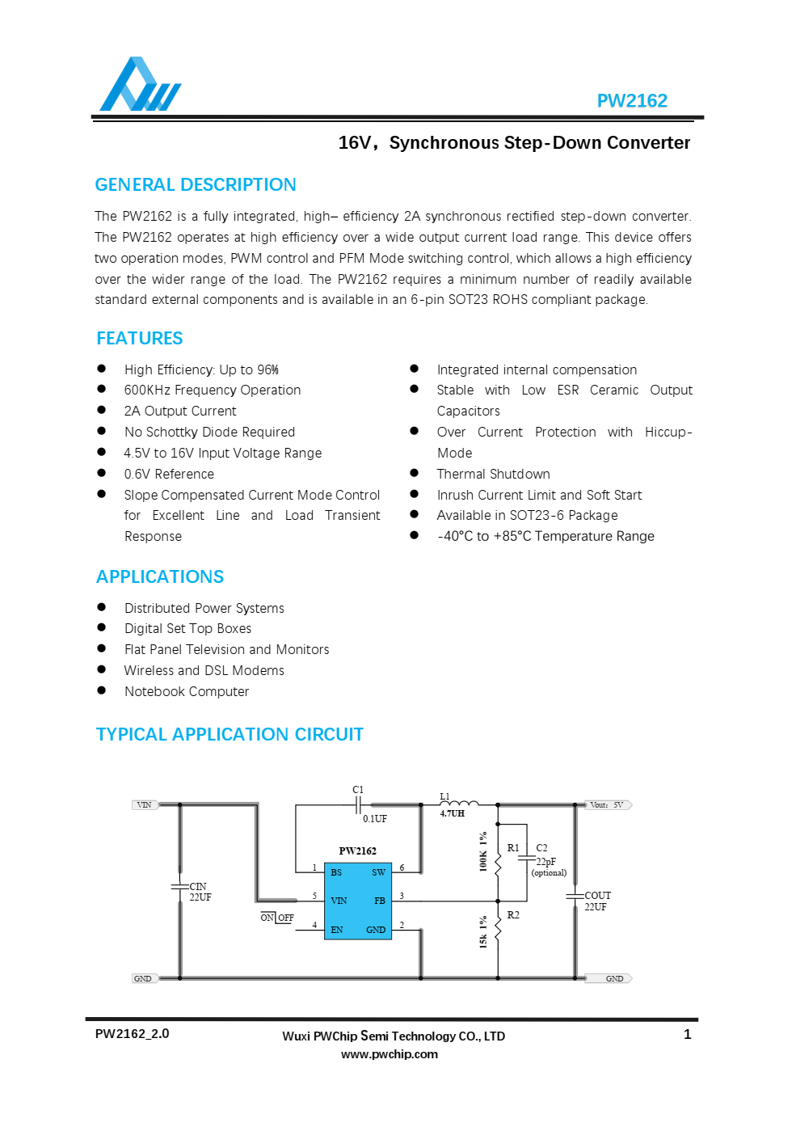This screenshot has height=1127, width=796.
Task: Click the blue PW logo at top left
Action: pyautogui.click(x=140, y=85)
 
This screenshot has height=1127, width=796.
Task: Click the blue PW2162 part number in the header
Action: pyautogui.click(x=631, y=101)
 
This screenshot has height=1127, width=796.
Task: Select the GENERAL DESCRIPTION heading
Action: pyautogui.click(x=196, y=185)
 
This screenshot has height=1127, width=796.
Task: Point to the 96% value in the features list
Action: pyautogui.click(x=268, y=370)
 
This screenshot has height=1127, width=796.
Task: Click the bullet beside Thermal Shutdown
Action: pyautogui.click(x=415, y=474)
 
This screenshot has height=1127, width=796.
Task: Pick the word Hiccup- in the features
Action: pyautogui.click(x=668, y=433)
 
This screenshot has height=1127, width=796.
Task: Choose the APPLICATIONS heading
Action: pyautogui.click(x=160, y=577)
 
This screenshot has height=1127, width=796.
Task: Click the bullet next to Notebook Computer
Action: pyautogui.click(x=102, y=691)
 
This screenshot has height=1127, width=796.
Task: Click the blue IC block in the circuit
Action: pyautogui.click(x=357, y=901)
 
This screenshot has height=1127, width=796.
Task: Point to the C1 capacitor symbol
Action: pyautogui.click(x=358, y=804)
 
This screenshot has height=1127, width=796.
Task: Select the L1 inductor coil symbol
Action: pyautogui.click(x=459, y=804)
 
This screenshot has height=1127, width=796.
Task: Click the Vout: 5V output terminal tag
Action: pyautogui.click(x=608, y=805)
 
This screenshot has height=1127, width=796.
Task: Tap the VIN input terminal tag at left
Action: pyautogui.click(x=145, y=805)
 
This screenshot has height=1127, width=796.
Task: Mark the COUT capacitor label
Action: pyautogui.click(x=597, y=896)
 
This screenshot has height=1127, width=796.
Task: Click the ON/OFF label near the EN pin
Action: pyautogui.click(x=276, y=918)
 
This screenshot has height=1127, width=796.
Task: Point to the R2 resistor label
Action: pyautogui.click(x=513, y=915)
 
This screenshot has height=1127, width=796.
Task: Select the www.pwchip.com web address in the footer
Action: pyautogui.click(x=390, y=1054)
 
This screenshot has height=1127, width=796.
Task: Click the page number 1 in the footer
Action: pyautogui.click(x=687, y=1035)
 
